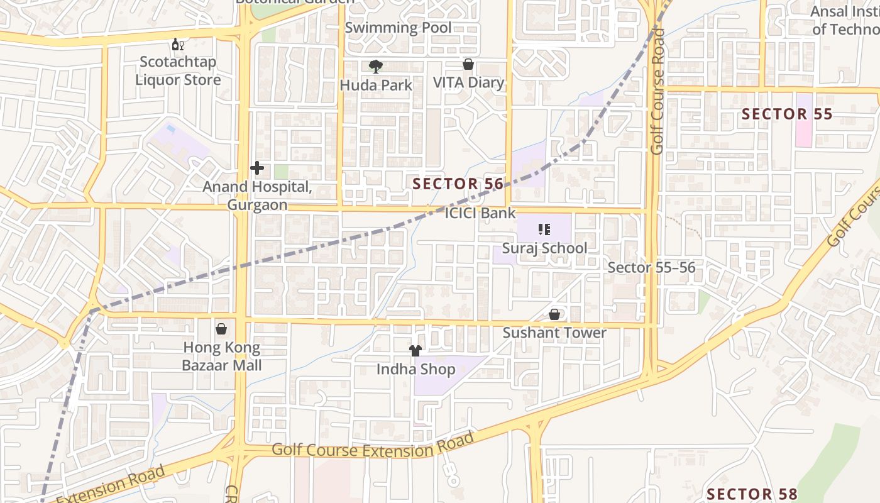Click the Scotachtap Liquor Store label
click(179, 71)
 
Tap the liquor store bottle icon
click(178, 45)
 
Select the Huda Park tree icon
click(376, 66)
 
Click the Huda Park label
click(376, 85)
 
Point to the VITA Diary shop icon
click(468, 64)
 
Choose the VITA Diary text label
click(468, 82)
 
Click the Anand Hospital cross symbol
click(256, 168)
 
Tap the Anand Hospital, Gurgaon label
click(256, 196)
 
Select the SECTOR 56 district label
click(458, 184)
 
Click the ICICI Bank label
click(480, 213)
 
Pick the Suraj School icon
click(544, 229)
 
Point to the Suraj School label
click(544, 248)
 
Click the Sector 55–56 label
click(651, 267)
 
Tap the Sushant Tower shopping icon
click(554, 314)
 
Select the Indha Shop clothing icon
click(415, 351)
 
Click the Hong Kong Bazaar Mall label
click(222, 356)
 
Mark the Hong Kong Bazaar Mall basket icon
click(221, 329)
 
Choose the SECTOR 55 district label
click(787, 114)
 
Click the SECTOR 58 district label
click(752, 494)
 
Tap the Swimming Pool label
click(398, 28)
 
